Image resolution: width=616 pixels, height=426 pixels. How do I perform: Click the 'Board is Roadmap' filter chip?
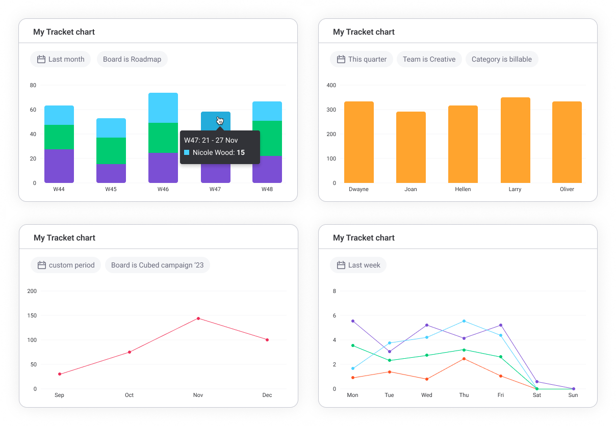pyautogui.click(x=132, y=59)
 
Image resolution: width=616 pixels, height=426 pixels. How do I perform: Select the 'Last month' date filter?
pyautogui.click(x=60, y=59)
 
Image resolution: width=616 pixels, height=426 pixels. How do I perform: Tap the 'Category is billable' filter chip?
pyautogui.click(x=501, y=59)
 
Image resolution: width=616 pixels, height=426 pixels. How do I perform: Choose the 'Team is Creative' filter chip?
pyautogui.click(x=429, y=59)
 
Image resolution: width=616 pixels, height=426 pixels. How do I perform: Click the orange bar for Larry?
pyautogui.click(x=515, y=140)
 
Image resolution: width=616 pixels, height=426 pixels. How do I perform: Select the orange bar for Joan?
pyautogui.click(x=410, y=147)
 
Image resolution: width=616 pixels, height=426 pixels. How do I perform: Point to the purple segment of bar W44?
pyautogui.click(x=59, y=166)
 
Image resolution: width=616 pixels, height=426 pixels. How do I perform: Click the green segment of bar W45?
pyautogui.click(x=111, y=151)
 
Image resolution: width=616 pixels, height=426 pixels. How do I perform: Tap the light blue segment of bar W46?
pyautogui.click(x=163, y=108)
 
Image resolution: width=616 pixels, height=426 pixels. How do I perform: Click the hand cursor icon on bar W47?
pyautogui.click(x=220, y=120)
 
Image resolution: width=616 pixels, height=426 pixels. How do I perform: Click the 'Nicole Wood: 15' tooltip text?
pyautogui.click(x=218, y=152)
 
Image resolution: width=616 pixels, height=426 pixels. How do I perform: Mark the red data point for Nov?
pyautogui.click(x=198, y=318)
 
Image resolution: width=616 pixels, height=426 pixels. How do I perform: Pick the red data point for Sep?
pyautogui.click(x=60, y=374)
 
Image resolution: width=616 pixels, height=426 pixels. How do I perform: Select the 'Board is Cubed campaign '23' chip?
pyautogui.click(x=157, y=265)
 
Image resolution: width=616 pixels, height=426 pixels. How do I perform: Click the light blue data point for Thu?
pyautogui.click(x=464, y=321)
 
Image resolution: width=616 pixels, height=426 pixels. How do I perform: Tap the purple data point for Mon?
pyautogui.click(x=352, y=321)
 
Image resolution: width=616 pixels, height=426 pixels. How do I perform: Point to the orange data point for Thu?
pyautogui.click(x=464, y=359)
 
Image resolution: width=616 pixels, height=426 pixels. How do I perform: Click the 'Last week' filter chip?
pyautogui.click(x=358, y=265)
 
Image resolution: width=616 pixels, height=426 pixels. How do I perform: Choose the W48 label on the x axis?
pyautogui.click(x=267, y=190)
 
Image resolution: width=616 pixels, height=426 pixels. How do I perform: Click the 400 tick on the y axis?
pyautogui.click(x=331, y=85)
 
